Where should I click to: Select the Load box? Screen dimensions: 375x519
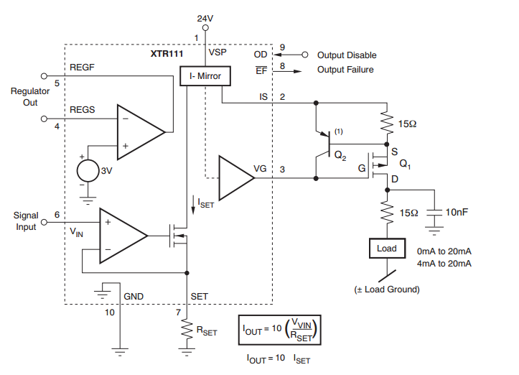click(386, 249)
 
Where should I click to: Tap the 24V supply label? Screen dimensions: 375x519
click(206, 17)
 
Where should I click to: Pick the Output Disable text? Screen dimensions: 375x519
click(347, 55)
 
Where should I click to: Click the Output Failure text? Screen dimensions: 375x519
click(346, 70)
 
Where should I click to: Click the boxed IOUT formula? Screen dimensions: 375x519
click(280, 331)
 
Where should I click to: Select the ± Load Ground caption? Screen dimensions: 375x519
click(386, 290)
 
